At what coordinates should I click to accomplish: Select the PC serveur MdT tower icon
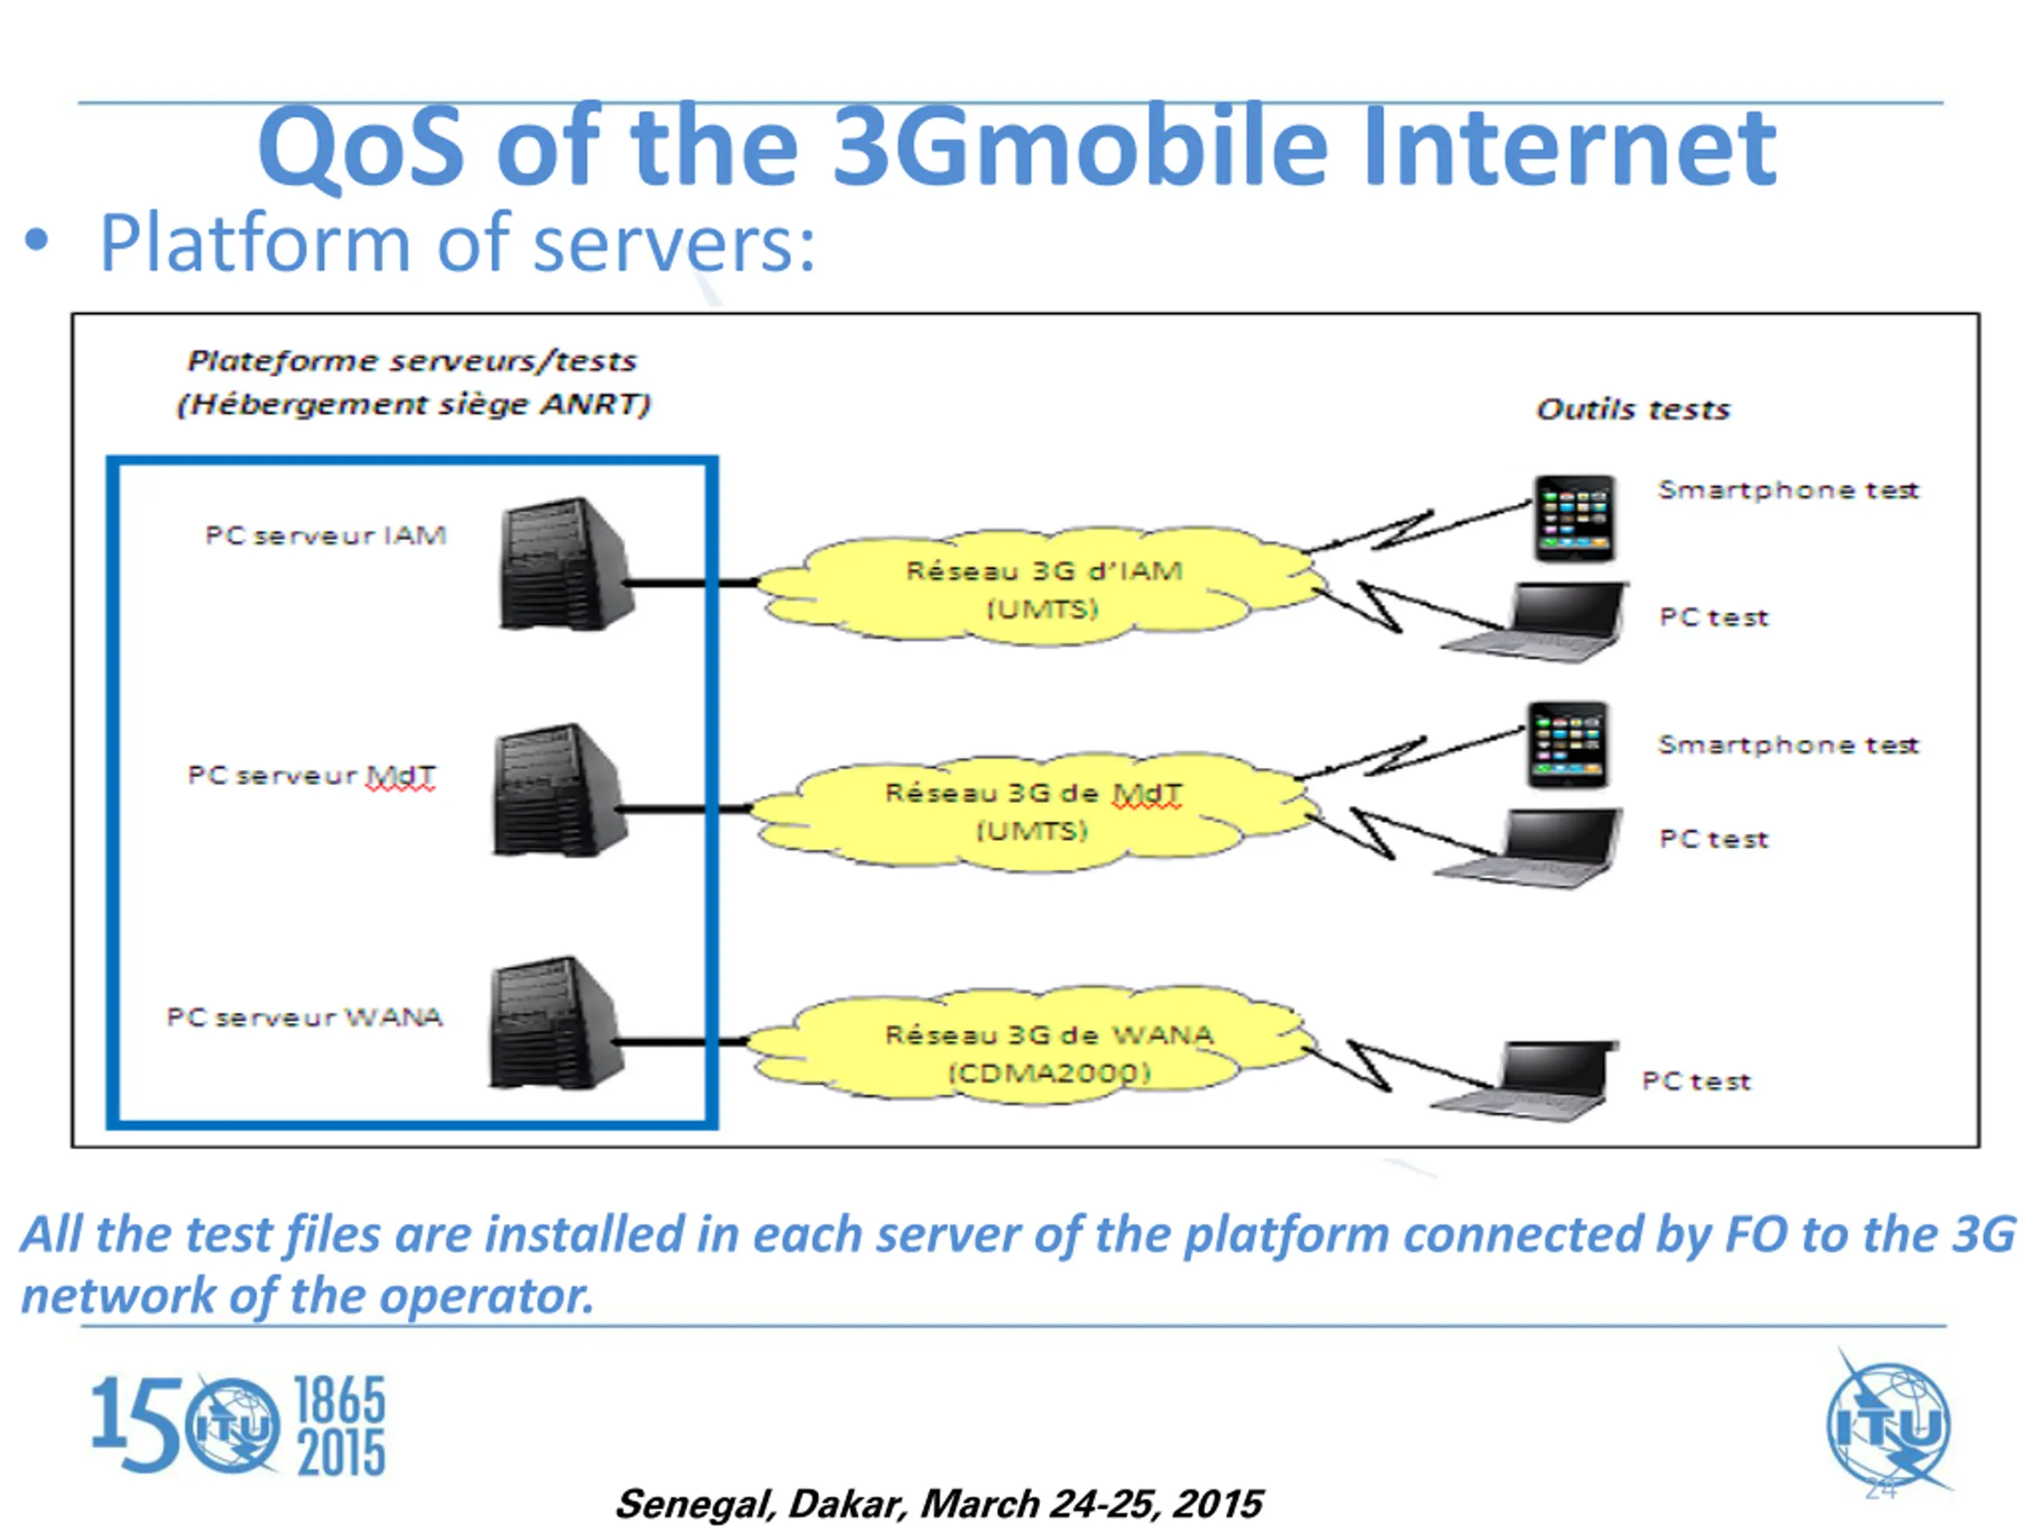(x=559, y=790)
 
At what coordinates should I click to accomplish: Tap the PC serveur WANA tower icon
(x=557, y=1023)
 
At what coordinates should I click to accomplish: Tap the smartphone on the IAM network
(x=1575, y=518)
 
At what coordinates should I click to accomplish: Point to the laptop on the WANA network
(x=1524, y=1081)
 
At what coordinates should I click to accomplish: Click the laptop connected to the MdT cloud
(x=1528, y=849)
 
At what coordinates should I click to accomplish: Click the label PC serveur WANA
(x=304, y=1017)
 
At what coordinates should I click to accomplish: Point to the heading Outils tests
(x=1633, y=409)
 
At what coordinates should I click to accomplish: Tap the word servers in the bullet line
(x=674, y=244)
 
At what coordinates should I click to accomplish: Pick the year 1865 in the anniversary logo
(x=339, y=1400)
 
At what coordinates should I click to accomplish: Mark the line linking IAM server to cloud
(x=691, y=582)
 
